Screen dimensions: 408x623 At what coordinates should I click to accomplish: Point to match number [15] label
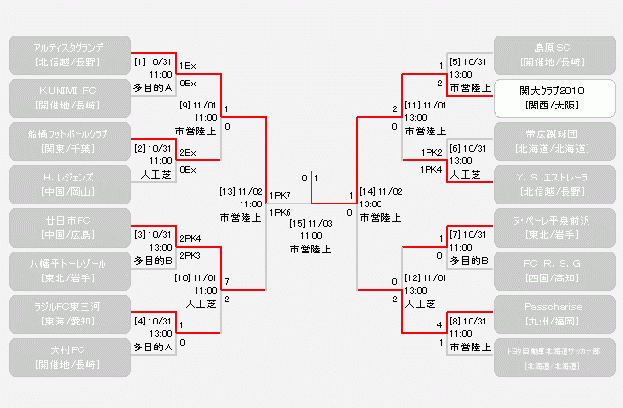click(303, 223)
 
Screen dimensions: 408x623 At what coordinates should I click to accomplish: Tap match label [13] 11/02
click(241, 191)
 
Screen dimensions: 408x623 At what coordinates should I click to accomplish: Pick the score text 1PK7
click(281, 196)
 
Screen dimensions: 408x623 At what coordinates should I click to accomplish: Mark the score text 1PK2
click(431, 153)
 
